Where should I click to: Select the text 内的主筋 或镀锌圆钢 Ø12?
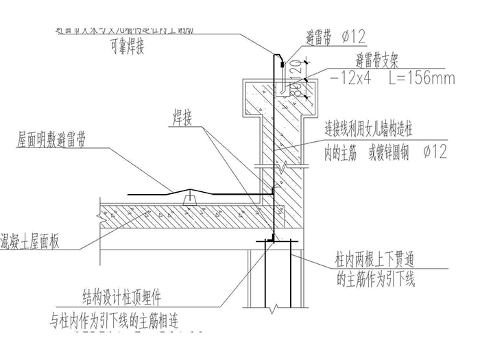coord(385,152)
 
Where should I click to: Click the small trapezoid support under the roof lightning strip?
coord(191,198)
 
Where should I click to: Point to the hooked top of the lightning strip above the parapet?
coord(278,58)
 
